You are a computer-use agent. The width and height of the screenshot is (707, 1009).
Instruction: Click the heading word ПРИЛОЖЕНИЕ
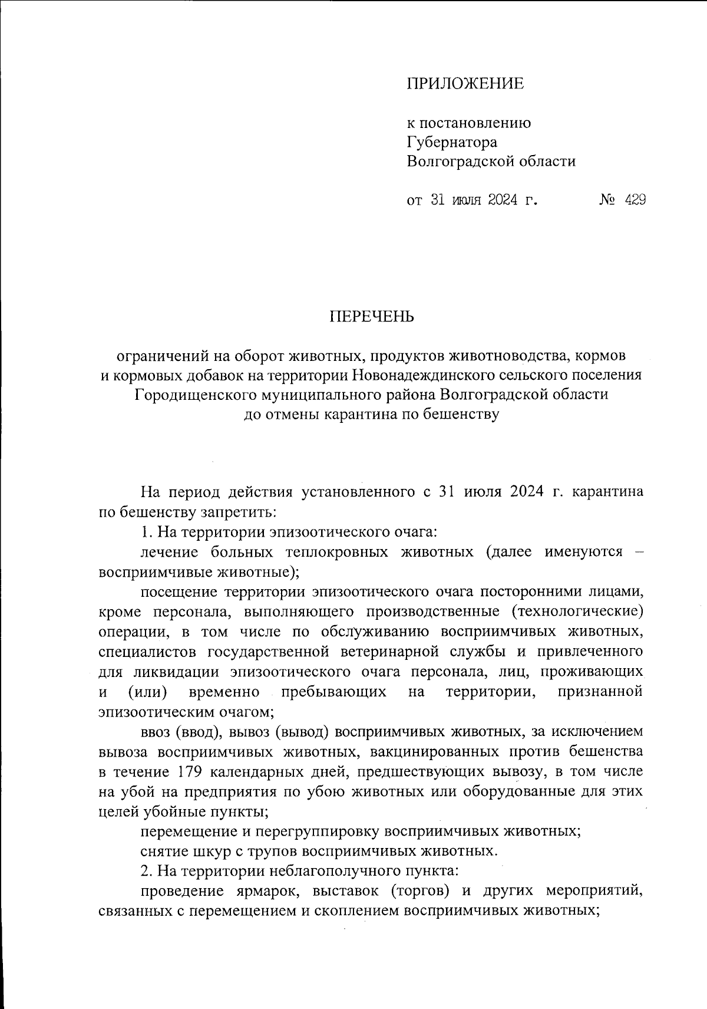coord(465,84)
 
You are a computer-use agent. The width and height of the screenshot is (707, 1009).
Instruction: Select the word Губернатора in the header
coord(452,142)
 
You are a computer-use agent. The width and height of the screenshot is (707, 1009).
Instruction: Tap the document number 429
coord(635,201)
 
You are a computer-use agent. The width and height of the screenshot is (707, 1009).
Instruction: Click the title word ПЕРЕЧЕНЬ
coord(372,317)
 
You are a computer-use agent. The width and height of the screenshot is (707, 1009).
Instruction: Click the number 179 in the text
coord(190,772)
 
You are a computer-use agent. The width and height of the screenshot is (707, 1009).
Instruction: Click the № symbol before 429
coord(607,201)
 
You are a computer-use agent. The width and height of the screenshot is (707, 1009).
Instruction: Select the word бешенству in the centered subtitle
coord(460,414)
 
